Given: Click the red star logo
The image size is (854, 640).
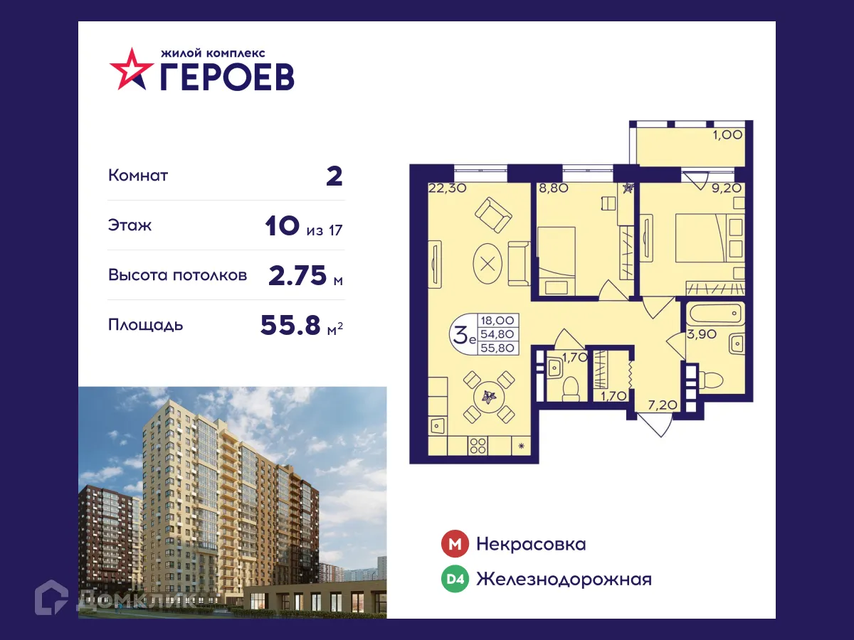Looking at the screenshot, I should pyautogui.click(x=132, y=69).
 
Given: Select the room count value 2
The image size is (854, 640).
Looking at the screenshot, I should pyautogui.click(x=334, y=176).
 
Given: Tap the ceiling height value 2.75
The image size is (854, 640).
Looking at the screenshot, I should pyautogui.click(x=297, y=275).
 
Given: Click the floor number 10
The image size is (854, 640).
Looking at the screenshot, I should pyautogui.click(x=281, y=226).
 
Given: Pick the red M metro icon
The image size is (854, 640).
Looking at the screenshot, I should pyautogui.click(x=455, y=545).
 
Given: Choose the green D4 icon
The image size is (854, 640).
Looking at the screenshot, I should pyautogui.click(x=455, y=580).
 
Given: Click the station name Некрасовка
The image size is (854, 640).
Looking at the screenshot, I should pyautogui.click(x=531, y=545).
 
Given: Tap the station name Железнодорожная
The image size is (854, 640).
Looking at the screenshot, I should pyautogui.click(x=564, y=580).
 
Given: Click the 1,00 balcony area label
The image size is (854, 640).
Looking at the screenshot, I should pyautogui.click(x=727, y=134).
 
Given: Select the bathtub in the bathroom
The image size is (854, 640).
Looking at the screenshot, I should pyautogui.click(x=716, y=314).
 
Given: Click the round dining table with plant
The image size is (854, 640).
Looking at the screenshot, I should pyautogui.click(x=487, y=397).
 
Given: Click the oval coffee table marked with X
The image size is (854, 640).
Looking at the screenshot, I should pyautogui.click(x=487, y=263).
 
